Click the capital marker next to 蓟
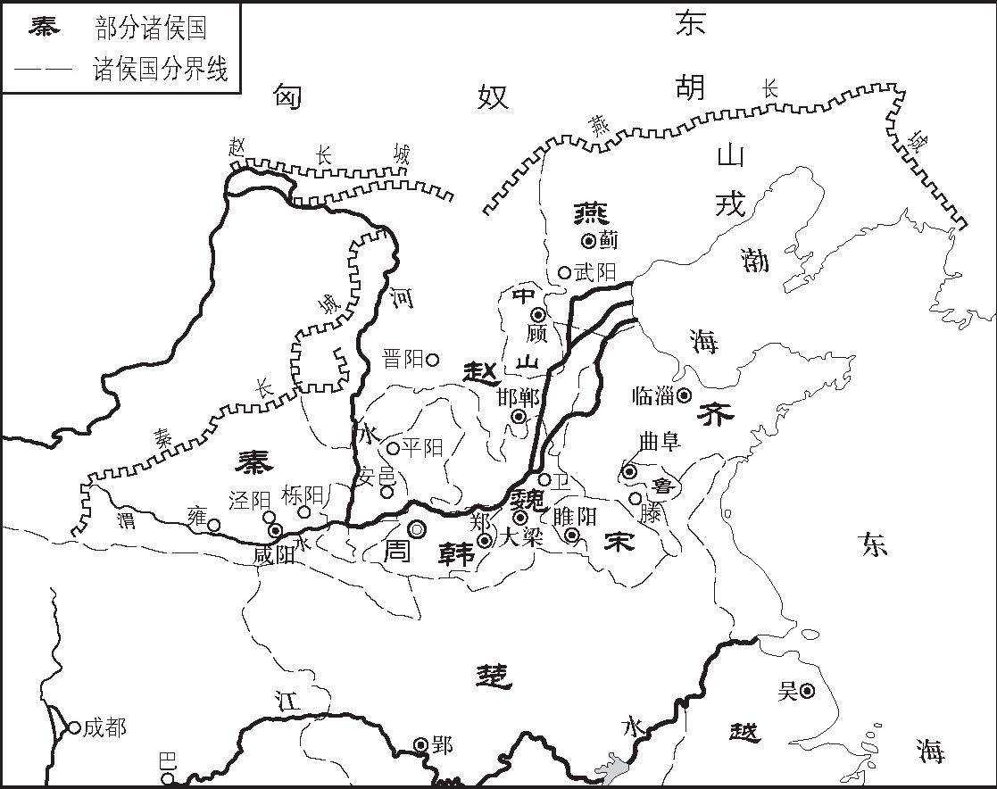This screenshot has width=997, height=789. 588,240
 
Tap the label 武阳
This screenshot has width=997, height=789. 595,272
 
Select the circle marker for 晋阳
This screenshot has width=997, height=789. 432,360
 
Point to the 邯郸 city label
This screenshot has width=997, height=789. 518,397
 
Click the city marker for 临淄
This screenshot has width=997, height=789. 684,395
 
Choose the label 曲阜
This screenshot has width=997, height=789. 660,442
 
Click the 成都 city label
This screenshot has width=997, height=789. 104,728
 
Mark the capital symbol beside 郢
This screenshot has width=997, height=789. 421,744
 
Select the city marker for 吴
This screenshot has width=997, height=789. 807,690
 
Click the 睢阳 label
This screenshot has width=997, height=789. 575,516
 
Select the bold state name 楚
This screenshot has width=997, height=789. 494,677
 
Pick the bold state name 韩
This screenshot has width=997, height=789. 454,554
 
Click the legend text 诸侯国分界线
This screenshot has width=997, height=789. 161,70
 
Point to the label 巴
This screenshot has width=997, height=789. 167,761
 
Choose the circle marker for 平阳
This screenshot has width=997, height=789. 394,447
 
